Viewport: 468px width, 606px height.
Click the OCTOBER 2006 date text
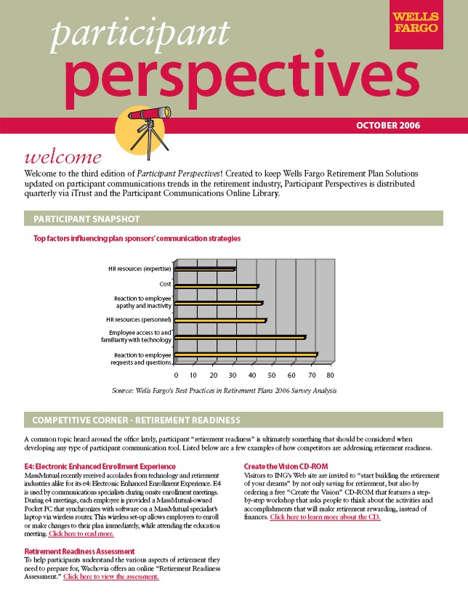click(x=387, y=126)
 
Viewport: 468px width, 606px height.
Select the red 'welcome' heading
click(x=62, y=158)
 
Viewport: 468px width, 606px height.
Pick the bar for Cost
click(x=217, y=286)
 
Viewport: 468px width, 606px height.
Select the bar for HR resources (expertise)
click(x=205, y=270)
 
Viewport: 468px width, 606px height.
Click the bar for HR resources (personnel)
click(x=221, y=320)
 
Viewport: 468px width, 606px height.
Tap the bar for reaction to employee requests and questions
click(x=246, y=355)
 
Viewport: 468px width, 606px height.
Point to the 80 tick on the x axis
click(x=331, y=376)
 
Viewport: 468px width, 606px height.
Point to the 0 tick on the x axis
click(x=177, y=376)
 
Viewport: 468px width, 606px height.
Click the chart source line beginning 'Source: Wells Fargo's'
click(x=224, y=391)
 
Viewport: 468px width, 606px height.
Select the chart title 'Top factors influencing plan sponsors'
click(x=137, y=238)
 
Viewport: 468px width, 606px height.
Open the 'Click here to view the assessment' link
click(x=110, y=577)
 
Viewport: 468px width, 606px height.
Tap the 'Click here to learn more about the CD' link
click(x=325, y=517)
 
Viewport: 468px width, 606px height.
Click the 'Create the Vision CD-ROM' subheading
click(x=288, y=466)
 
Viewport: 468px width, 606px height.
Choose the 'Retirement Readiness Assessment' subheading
click(x=79, y=552)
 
